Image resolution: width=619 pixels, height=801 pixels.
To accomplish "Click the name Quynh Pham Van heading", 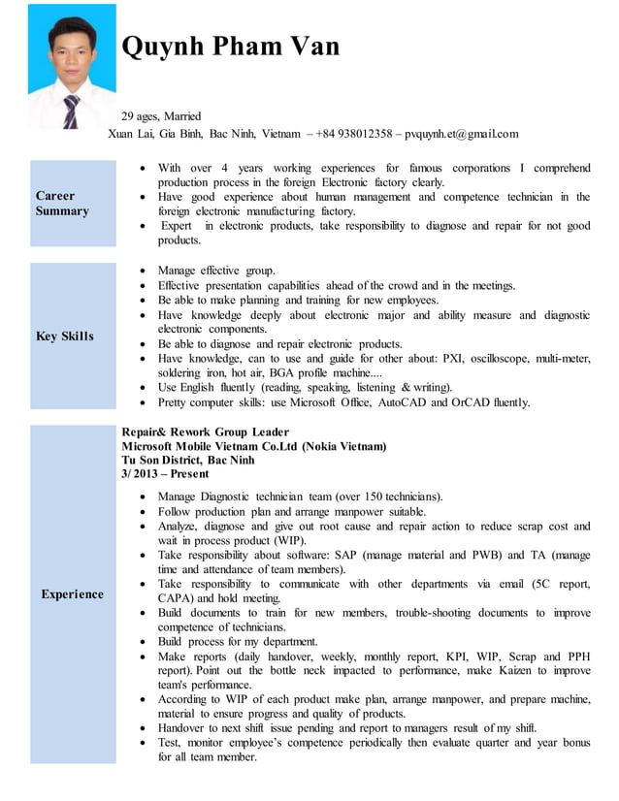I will (231, 47).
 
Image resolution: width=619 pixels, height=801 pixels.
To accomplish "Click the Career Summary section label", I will (62, 204).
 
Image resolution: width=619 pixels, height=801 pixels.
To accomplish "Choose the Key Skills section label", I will (65, 336).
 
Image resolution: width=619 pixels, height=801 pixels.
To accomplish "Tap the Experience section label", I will (72, 594).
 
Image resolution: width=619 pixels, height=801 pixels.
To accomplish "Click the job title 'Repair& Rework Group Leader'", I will (206, 432).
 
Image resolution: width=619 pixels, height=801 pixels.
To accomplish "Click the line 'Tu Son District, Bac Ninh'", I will (188, 460).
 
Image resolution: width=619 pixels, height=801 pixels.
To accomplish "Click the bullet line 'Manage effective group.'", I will (216, 271).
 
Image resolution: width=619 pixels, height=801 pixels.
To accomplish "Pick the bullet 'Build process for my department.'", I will (238, 641).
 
